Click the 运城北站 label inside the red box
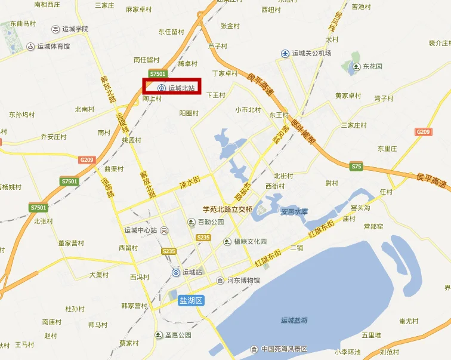pos(181,88)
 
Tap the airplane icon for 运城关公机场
pos(285,54)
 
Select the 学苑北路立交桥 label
pos(227,209)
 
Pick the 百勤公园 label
pos(210,222)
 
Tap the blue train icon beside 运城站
pos(177,273)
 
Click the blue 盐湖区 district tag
pos(191,301)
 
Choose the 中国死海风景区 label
pos(284,349)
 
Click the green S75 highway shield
pos(356,166)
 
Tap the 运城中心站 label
pos(140,230)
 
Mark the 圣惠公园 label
pos(178,335)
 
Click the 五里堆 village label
pos(371,336)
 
